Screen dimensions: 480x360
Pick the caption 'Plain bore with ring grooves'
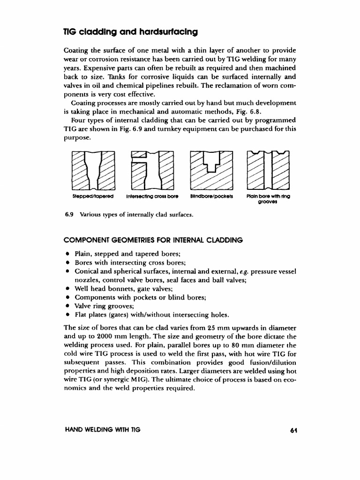(268, 199)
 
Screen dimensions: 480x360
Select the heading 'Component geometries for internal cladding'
(153, 240)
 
